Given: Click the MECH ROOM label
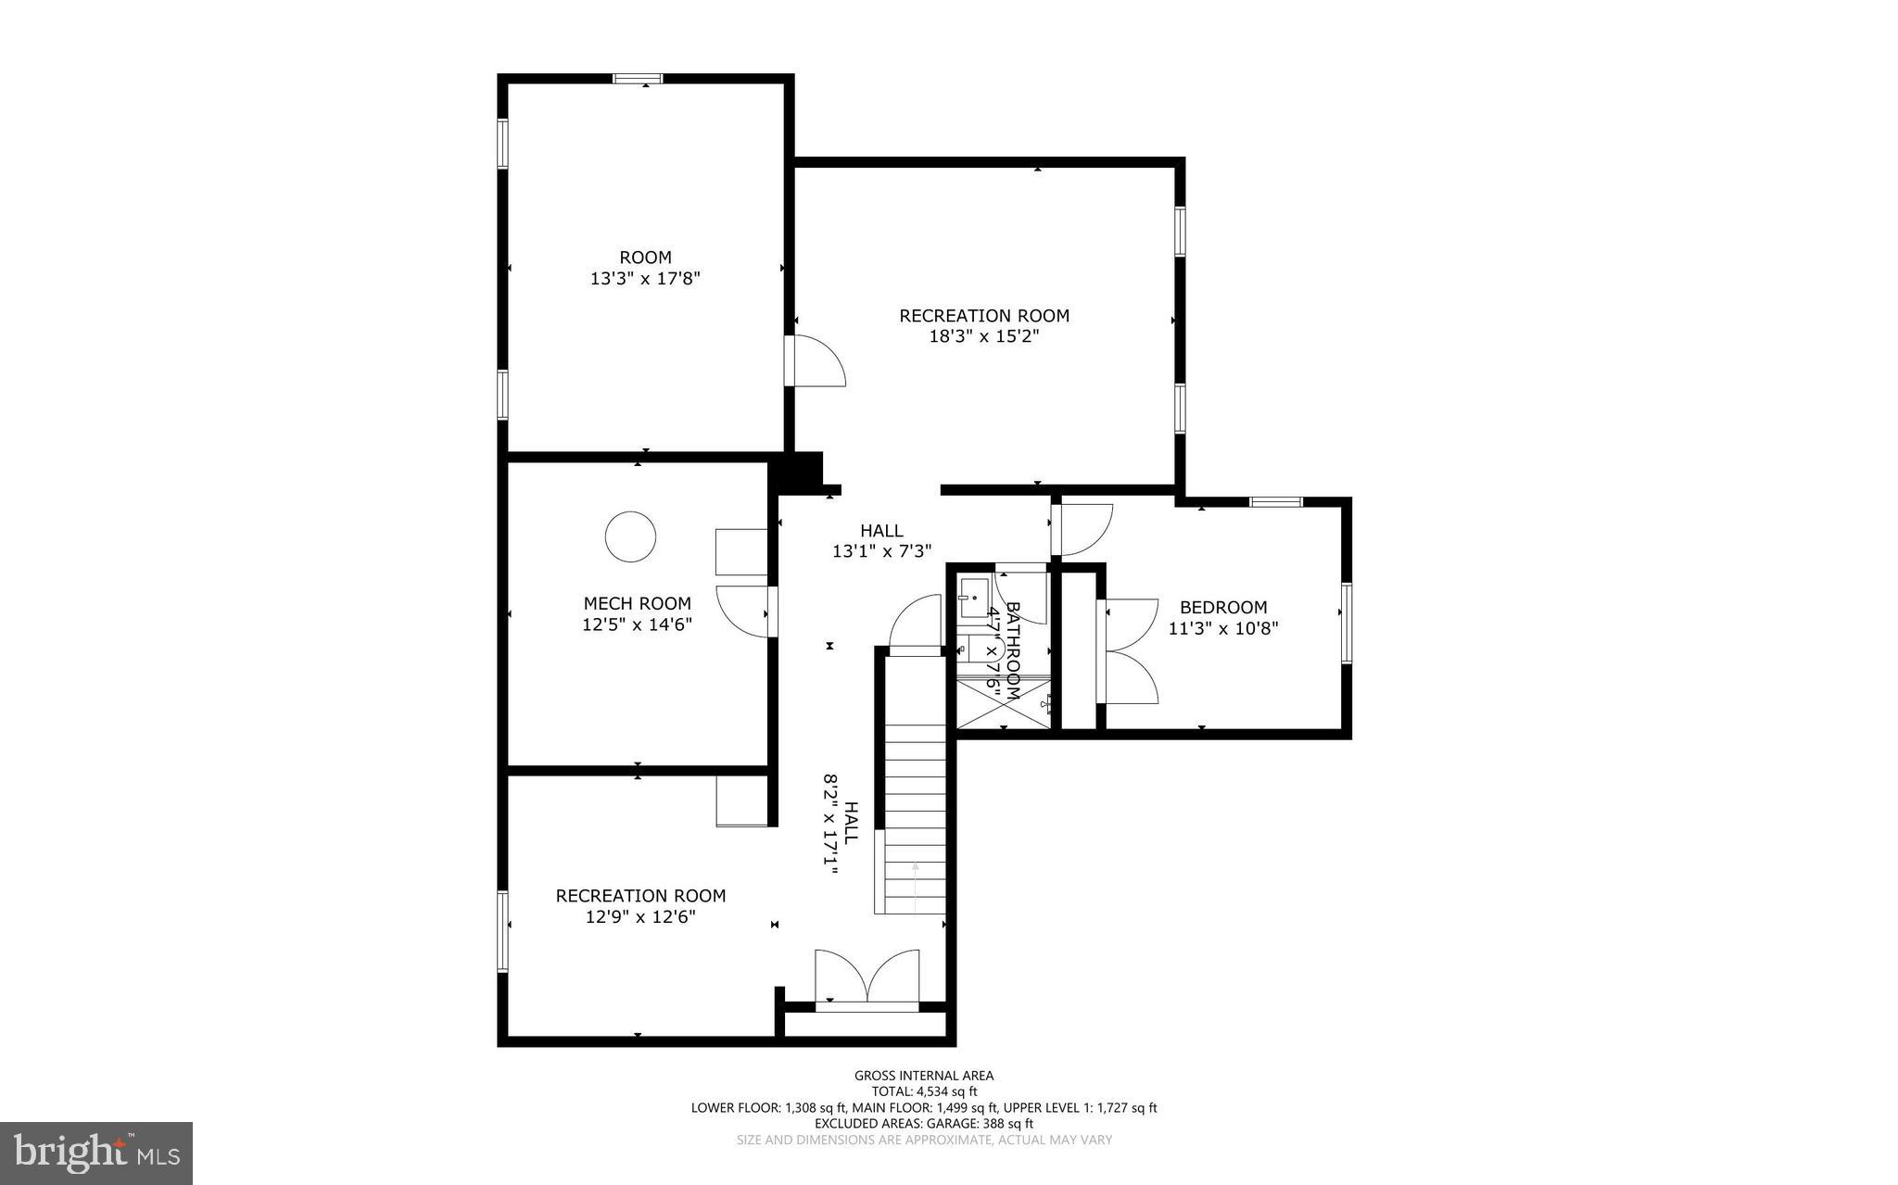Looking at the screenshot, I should (637, 603).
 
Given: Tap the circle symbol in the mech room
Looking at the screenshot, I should (630, 536).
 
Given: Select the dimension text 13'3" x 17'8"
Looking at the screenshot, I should (644, 278).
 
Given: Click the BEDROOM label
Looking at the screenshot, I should (1222, 608).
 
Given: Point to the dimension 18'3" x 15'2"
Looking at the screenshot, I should (983, 336).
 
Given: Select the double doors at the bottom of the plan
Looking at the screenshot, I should (867, 977).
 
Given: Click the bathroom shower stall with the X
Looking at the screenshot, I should (1003, 703).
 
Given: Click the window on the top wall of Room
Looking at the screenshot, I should (638, 80).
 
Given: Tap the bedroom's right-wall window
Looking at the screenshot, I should (1346, 623).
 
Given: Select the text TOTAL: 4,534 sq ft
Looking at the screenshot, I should (923, 1091).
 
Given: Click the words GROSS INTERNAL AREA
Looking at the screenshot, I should (923, 1076).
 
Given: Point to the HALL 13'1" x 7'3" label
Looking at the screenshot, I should (880, 541).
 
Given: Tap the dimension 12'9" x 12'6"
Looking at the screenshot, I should (639, 917).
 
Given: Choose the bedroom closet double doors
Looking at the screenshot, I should (1129, 651).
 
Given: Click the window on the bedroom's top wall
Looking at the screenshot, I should (1275, 502).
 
